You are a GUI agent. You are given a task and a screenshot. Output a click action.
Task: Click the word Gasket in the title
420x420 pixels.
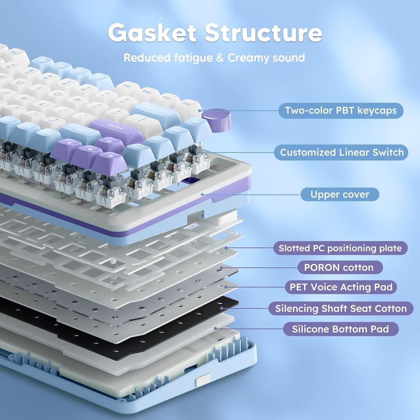(152, 33)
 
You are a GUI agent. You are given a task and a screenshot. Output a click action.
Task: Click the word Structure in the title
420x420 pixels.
(263, 33)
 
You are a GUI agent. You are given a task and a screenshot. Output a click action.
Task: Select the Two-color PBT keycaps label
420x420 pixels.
(341, 110)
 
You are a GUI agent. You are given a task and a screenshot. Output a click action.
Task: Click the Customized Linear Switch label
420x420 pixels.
(341, 153)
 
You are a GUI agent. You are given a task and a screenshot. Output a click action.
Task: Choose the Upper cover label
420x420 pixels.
(340, 194)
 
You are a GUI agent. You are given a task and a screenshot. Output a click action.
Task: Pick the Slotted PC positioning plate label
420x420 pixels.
(340, 248)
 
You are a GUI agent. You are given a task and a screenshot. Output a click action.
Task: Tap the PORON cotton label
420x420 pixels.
(340, 267)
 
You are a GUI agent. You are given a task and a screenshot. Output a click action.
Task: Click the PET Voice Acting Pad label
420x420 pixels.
(341, 287)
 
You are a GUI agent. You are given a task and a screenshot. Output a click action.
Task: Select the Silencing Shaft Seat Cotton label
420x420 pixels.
(341, 308)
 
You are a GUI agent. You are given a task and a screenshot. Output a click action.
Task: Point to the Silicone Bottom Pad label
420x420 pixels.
(341, 329)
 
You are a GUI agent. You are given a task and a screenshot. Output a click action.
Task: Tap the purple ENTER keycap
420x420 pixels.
(116, 131)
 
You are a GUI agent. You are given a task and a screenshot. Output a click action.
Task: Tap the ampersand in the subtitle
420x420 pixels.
(220, 58)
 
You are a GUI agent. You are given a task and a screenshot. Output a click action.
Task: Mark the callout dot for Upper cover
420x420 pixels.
(203, 194)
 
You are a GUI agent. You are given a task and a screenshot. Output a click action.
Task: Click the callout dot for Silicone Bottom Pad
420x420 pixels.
(215, 329)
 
